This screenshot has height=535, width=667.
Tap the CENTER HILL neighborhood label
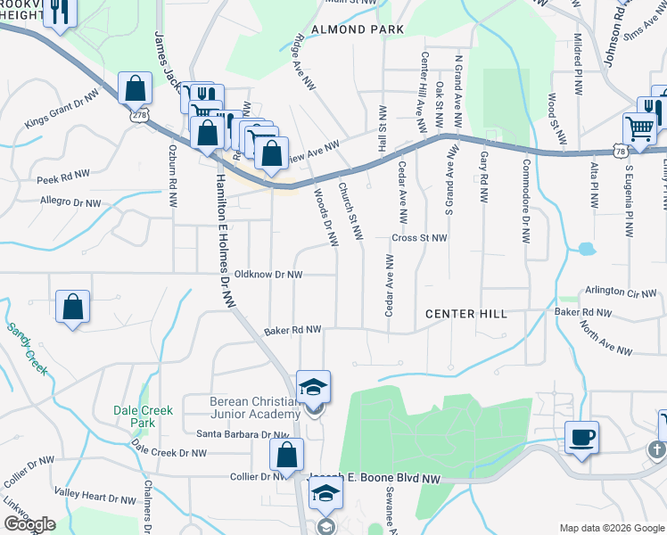pyautogui.click(x=466, y=314)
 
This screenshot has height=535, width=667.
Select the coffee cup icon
pyautogui.click(x=581, y=437)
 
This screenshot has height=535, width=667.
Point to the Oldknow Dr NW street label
pyautogui.click(x=268, y=275)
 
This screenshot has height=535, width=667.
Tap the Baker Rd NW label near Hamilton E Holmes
pyautogui.click(x=292, y=331)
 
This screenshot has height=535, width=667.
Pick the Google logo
pyautogui.click(x=29, y=524)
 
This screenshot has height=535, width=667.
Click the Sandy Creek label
pyautogui.click(x=27, y=349)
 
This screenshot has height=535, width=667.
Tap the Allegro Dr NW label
pyautogui.click(x=70, y=202)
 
